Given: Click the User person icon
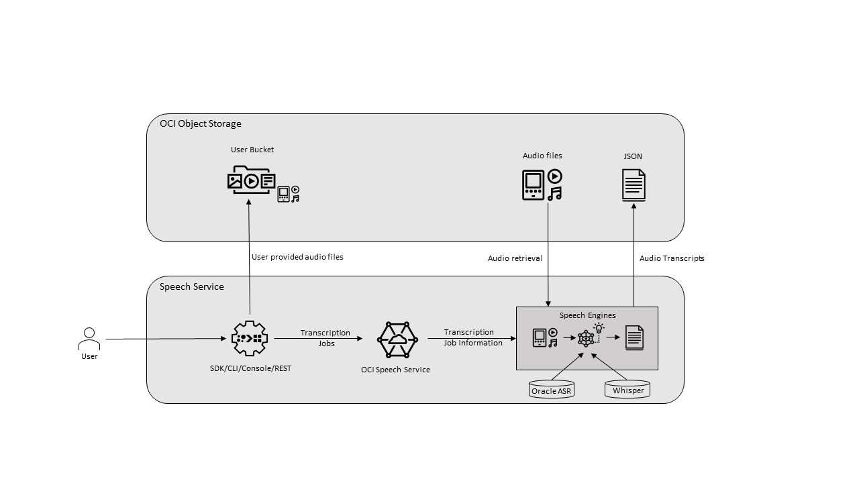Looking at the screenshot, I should point(89,339).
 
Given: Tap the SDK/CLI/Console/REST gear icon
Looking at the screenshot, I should point(250,338).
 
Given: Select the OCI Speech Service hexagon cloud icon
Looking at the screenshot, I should point(397,339).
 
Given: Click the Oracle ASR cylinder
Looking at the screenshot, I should point(552,390).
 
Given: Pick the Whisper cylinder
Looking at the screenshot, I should point(627,389).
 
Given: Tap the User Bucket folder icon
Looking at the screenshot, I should point(251,180).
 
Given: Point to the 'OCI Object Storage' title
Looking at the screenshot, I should point(200,123).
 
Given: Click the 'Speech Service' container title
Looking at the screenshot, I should point(192,286).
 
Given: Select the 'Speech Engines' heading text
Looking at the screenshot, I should point(587,315).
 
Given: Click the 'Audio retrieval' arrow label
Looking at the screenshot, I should point(515,258).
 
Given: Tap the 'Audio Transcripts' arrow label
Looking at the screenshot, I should point(672,258).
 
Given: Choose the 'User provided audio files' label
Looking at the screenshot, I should point(297,257).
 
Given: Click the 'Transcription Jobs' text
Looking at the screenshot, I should point(325,337).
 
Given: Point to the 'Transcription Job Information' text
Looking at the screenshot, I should point(472,337).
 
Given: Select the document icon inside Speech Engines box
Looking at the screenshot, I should point(634,337).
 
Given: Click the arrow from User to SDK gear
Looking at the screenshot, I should point(168,339).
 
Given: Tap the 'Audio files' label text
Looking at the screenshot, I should point(542,156).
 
